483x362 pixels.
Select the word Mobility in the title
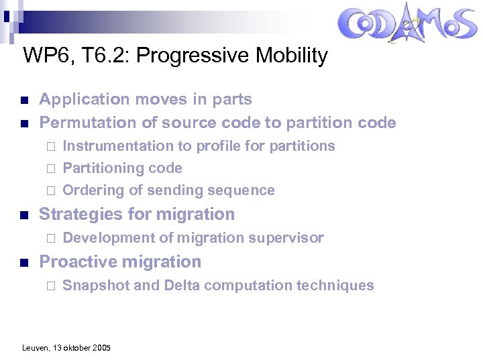pos(292,56)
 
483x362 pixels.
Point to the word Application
pos(78,100)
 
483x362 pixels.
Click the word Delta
pos(179,286)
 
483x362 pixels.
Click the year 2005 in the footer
pos(101,348)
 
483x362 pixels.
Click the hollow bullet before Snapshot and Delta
pos(48,286)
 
